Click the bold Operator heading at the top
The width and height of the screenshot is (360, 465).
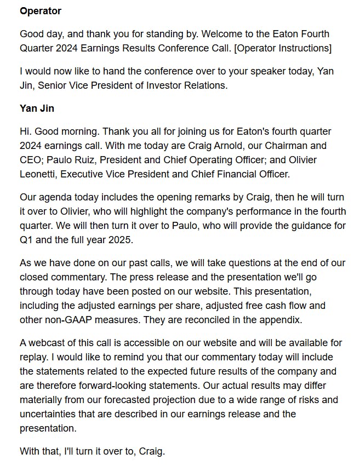[x=41, y=11]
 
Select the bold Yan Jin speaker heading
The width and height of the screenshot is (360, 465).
[x=37, y=108]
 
